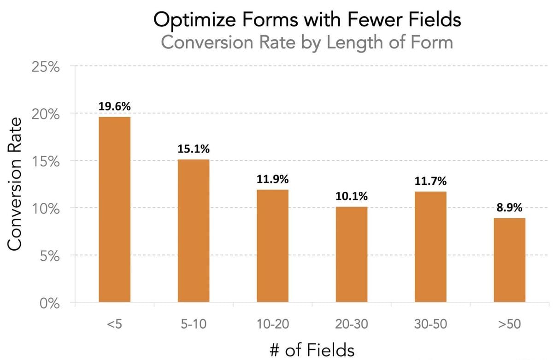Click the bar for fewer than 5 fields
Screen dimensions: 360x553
pyautogui.click(x=114, y=210)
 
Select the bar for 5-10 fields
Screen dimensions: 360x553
pyautogui.click(x=194, y=230)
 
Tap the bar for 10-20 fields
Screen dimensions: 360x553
pyautogui.click(x=273, y=246)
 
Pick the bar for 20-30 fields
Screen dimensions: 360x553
pyautogui.click(x=352, y=254)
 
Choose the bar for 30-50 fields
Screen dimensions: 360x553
pyautogui.click(x=430, y=247)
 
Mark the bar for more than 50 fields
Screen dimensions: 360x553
pyautogui.click(x=510, y=260)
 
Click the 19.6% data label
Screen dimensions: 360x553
pyautogui.click(x=114, y=106)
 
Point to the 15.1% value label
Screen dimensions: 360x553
pyautogui.click(x=194, y=149)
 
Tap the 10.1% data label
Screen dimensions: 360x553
pyautogui.click(x=352, y=196)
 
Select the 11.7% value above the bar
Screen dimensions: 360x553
pyautogui.click(x=430, y=181)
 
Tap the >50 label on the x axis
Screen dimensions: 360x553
pyautogui.click(x=510, y=324)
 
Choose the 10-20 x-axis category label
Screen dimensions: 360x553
pyautogui.click(x=273, y=324)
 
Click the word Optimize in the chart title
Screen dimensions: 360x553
pyautogui.click(x=189, y=20)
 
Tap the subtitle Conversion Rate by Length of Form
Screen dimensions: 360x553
pyautogui.click(x=307, y=42)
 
